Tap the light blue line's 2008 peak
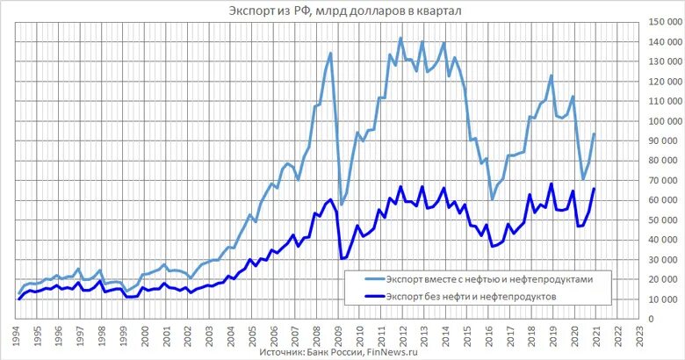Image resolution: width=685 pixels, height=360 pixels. [x=330, y=54]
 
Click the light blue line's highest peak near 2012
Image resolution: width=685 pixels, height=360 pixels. [x=400, y=38]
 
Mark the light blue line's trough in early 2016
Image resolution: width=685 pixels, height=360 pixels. [x=492, y=199]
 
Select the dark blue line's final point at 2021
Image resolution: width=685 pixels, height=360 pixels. [x=595, y=189]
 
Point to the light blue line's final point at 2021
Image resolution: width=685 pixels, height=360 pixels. [x=595, y=133]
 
